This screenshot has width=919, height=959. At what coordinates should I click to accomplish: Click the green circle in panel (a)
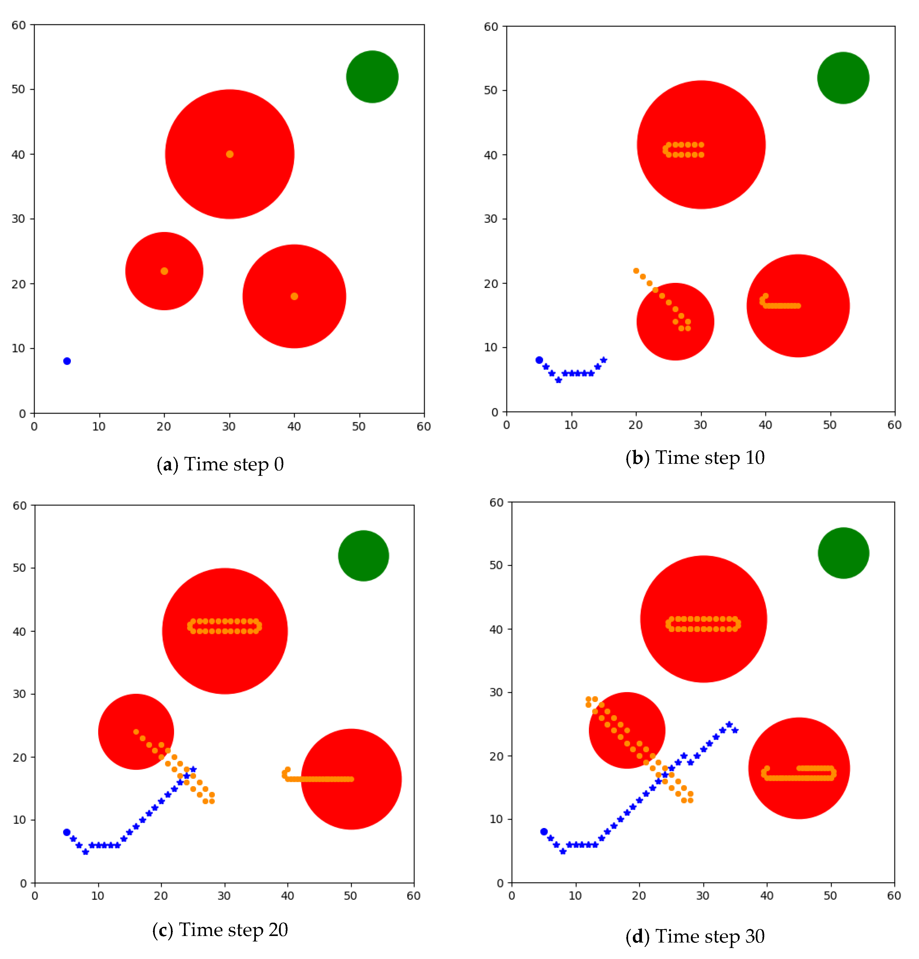[x=372, y=77]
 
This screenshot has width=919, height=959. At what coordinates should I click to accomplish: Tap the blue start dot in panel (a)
[x=67, y=361]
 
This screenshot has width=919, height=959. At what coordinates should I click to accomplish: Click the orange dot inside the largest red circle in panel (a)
[x=229, y=154]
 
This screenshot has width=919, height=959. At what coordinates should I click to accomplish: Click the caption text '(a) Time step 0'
[x=220, y=464]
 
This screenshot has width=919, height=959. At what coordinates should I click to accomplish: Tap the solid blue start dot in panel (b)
[x=539, y=360]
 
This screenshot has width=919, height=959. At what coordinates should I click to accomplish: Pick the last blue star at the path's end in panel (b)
[x=604, y=360]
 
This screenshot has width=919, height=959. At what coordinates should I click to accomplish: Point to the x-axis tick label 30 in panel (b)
[x=700, y=425]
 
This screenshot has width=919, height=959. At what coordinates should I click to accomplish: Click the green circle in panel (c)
[x=363, y=556]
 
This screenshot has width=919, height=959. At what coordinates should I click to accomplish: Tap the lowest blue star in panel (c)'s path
[x=85, y=852]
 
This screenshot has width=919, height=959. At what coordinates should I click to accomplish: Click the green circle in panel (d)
[x=843, y=553]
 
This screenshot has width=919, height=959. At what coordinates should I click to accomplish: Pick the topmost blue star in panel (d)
[x=729, y=724]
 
